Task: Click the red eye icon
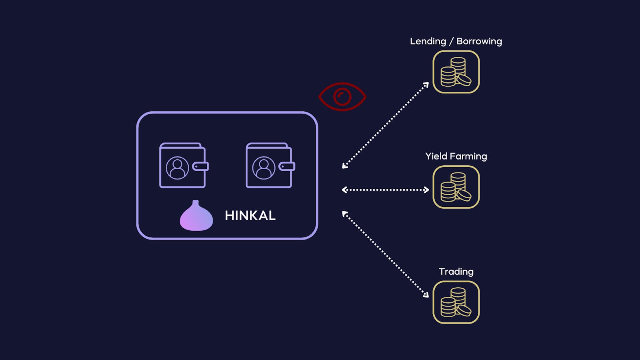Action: pyautogui.click(x=342, y=96)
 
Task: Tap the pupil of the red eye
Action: pyautogui.click(x=342, y=97)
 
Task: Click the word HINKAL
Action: pyautogui.click(x=250, y=216)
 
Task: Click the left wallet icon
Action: pyautogui.click(x=183, y=166)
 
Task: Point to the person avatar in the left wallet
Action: pyautogui.click(x=177, y=168)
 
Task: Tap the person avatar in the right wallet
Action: pyautogui.click(x=264, y=168)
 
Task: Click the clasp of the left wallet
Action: pyautogui.click(x=200, y=166)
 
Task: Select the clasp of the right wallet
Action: pyautogui.click(x=287, y=166)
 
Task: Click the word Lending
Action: pyautogui.click(x=428, y=41)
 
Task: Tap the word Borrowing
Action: pyautogui.click(x=479, y=41)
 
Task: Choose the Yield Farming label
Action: pyautogui.click(x=456, y=156)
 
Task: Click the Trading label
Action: pyautogui.click(x=456, y=272)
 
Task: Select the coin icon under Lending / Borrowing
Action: pyautogui.click(x=456, y=72)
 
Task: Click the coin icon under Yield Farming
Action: pyautogui.click(x=456, y=187)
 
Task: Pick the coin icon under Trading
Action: pyautogui.click(x=456, y=302)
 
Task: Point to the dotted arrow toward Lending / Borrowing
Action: pyautogui.click(x=386, y=125)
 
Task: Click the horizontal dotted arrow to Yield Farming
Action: pyautogui.click(x=385, y=190)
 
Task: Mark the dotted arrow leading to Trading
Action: pyautogui.click(x=386, y=254)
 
